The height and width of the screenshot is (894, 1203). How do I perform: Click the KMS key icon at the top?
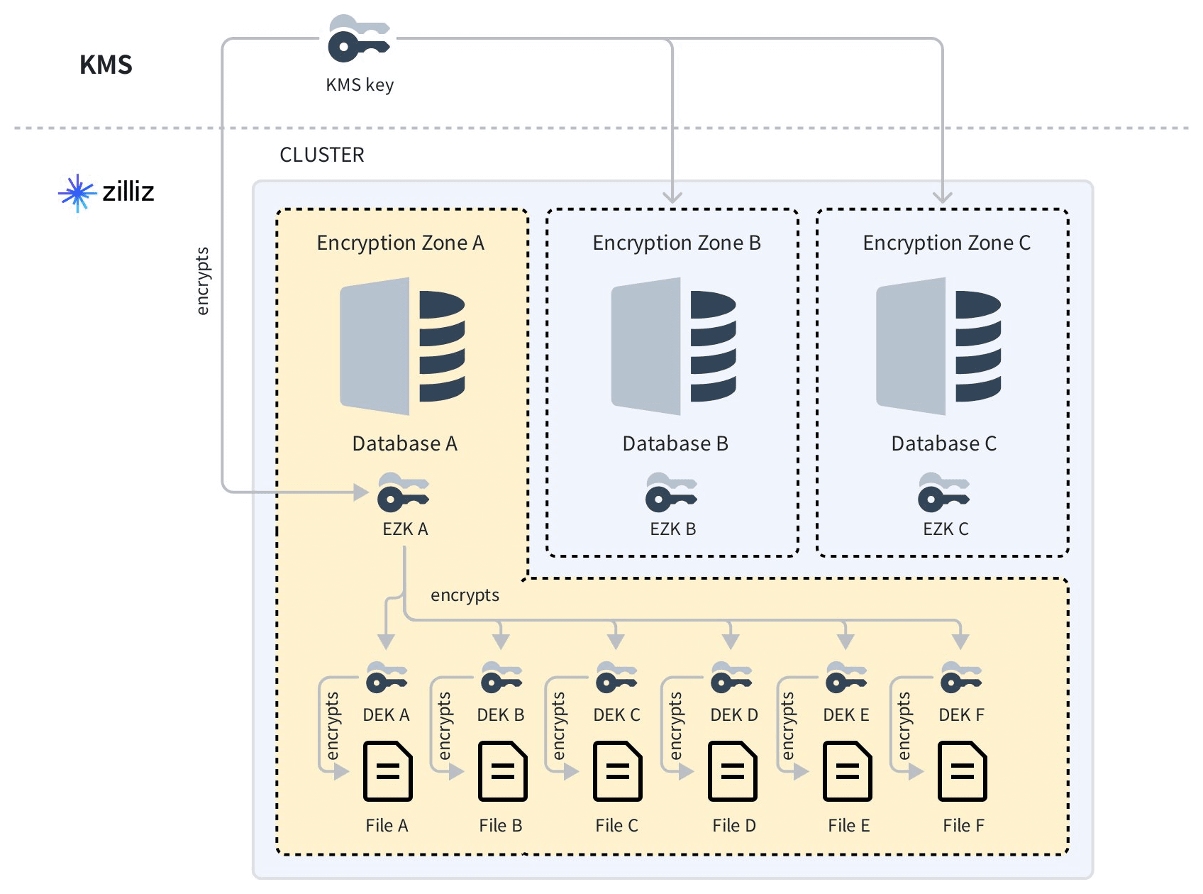[x=358, y=39]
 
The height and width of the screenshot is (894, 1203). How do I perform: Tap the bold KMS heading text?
[x=106, y=65]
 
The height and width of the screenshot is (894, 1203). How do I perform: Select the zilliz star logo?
[x=77, y=192]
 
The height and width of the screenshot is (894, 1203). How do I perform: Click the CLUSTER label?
[x=322, y=155]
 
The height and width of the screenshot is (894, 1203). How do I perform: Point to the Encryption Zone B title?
[x=676, y=243]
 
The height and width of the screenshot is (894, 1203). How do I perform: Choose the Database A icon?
[x=402, y=346]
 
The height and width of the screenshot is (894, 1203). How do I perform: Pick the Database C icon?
[x=938, y=346]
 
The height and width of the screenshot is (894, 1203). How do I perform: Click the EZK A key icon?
[x=403, y=492]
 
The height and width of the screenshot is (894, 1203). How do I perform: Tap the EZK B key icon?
[x=671, y=492]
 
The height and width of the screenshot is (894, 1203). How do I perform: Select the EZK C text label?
[x=946, y=529]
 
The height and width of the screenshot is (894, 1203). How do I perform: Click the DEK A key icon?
[x=387, y=678]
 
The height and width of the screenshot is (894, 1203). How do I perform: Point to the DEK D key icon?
[x=731, y=678]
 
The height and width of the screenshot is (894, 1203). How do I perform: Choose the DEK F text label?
[x=961, y=714]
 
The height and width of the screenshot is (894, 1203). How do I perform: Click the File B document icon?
[x=502, y=771]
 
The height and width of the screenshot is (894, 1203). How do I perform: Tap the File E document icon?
[x=847, y=771]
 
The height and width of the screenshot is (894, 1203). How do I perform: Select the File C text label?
[x=616, y=825]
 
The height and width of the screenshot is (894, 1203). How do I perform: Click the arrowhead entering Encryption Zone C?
[x=942, y=197]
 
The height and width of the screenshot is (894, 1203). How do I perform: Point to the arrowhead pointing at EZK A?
[x=362, y=492]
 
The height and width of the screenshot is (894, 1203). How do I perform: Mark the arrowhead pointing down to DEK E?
[x=845, y=641]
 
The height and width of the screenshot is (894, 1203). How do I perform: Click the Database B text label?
[x=675, y=443]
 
